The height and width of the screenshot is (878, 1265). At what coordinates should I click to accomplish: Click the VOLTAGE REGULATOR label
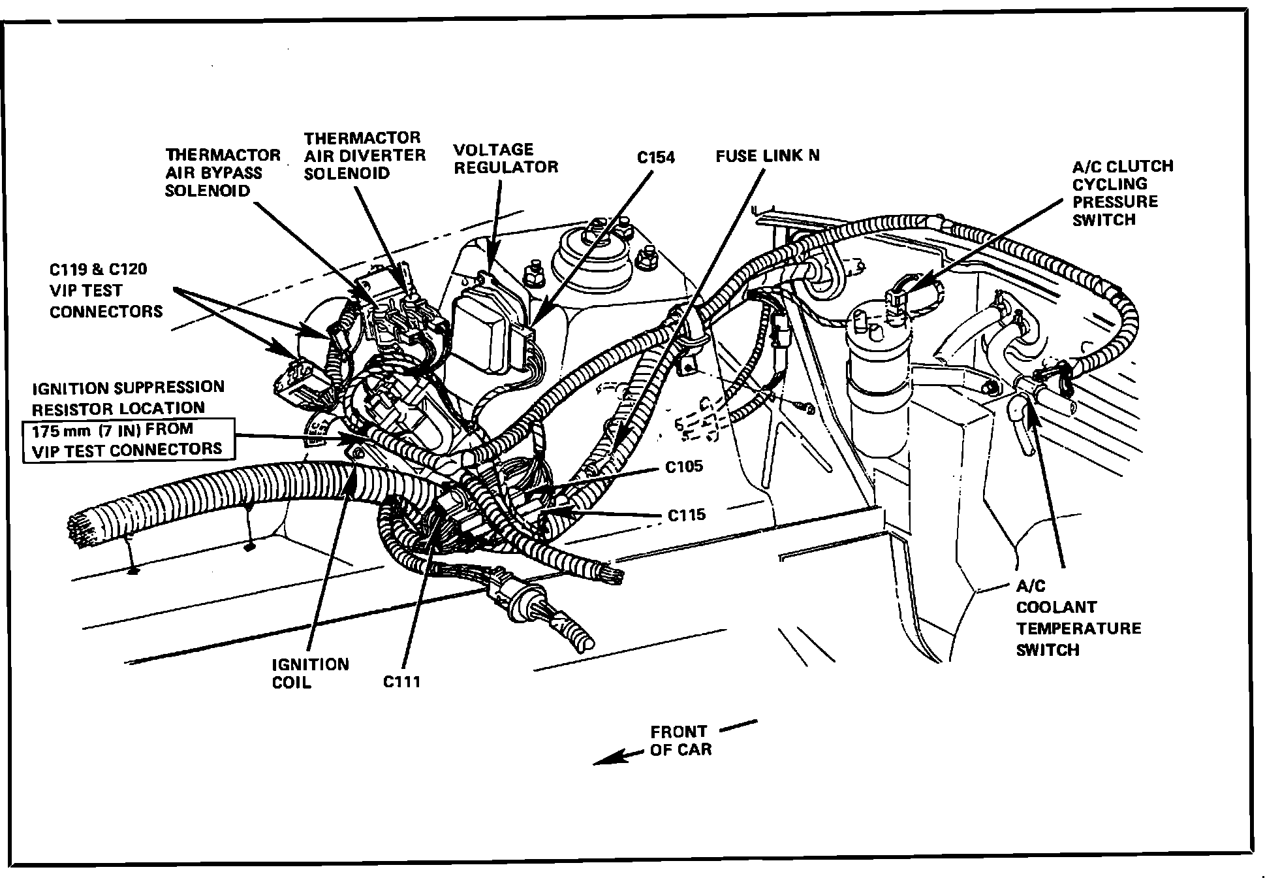(506, 158)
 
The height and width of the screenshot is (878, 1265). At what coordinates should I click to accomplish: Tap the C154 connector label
(656, 157)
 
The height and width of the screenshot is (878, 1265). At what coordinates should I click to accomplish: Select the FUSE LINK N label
(767, 155)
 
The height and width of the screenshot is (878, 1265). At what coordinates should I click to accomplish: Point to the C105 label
(684, 466)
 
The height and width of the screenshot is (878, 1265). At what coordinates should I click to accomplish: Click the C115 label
(687, 515)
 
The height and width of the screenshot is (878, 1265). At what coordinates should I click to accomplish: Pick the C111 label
(401, 681)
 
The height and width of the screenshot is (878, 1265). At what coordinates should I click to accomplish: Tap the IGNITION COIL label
(310, 673)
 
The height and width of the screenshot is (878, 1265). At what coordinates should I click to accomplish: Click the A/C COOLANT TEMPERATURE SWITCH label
(1078, 618)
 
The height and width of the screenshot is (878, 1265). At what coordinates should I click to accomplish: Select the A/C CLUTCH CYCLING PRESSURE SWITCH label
(1122, 193)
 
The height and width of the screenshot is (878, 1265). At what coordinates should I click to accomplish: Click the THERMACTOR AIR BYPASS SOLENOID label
(223, 172)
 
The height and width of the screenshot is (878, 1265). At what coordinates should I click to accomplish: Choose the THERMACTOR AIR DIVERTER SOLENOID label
(364, 155)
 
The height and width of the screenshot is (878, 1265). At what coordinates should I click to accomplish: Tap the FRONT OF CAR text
(679, 740)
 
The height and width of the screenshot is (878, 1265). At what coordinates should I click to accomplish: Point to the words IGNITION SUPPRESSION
(128, 388)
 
